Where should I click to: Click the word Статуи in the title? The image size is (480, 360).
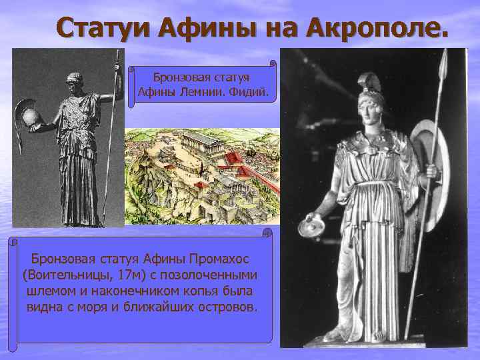(101, 29)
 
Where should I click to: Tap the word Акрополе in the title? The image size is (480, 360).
(378, 29)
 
